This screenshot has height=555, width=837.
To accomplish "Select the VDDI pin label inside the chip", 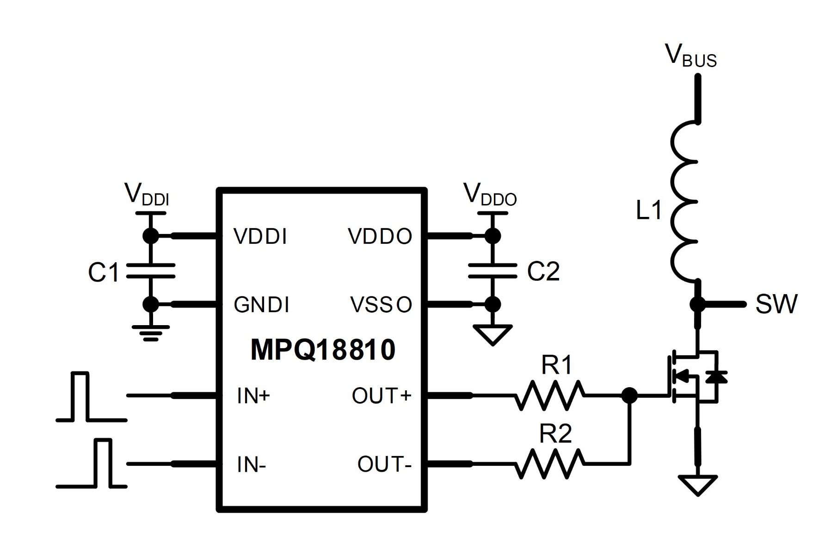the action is click(260, 236).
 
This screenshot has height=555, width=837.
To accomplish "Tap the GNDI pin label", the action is click(262, 305).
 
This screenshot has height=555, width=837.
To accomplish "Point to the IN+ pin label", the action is click(253, 396).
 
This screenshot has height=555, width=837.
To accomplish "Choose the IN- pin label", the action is click(251, 464).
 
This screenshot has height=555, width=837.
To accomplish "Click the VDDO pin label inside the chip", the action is click(380, 236).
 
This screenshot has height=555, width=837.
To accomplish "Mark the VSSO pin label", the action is click(381, 305).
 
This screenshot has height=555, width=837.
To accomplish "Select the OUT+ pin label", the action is click(382, 396).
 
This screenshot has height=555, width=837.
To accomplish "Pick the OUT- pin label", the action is click(384, 464).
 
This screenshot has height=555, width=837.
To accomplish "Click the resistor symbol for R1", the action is click(549, 395).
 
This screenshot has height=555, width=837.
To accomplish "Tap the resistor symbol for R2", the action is click(549, 464).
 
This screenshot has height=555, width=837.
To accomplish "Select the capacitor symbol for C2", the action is click(492, 271).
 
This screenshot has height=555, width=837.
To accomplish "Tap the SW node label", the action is click(777, 304).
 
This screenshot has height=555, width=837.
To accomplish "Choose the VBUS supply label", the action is click(691, 55).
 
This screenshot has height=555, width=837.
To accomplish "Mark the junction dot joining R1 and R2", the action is click(629, 395).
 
